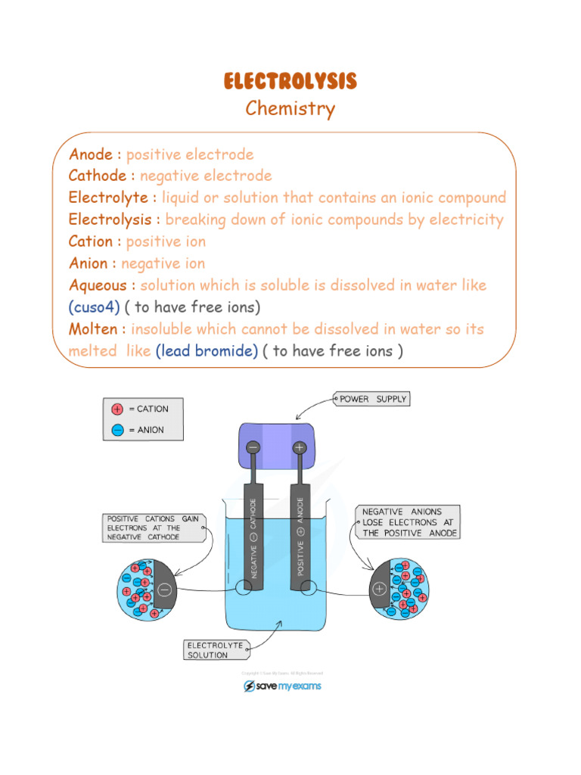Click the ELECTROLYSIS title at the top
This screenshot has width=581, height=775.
click(x=290, y=82)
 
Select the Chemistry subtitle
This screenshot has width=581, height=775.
click(x=290, y=109)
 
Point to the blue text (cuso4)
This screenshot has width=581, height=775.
click(x=95, y=307)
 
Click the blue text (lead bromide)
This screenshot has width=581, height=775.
click(x=207, y=351)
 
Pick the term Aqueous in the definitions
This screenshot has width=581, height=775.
click(x=102, y=285)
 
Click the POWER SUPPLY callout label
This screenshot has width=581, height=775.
click(x=373, y=399)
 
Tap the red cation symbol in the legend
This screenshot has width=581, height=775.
click(x=117, y=409)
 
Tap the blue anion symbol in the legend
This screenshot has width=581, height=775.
click(x=117, y=430)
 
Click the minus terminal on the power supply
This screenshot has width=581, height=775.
click(x=253, y=448)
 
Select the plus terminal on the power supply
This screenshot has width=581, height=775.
click(x=300, y=448)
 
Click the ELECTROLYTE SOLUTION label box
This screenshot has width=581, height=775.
click(x=215, y=650)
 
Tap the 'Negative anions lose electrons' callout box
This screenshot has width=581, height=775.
click(x=408, y=522)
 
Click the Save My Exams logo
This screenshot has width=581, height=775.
click(x=282, y=686)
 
